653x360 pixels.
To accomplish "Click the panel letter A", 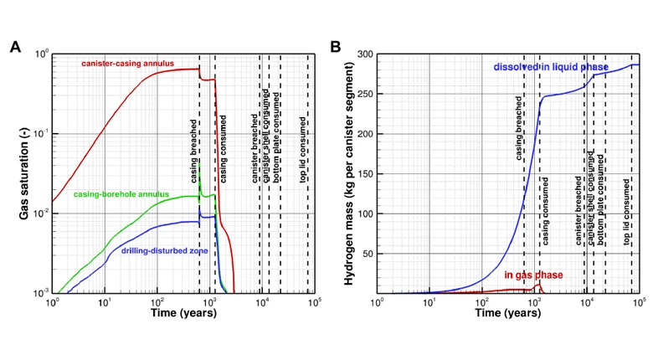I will [x=15, y=47].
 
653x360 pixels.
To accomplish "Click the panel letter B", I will [x=334, y=47].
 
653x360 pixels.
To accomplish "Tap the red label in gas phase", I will [x=532, y=275].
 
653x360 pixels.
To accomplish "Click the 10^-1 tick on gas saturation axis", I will [x=39, y=134].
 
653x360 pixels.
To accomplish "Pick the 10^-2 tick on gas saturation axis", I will [x=39, y=213].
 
